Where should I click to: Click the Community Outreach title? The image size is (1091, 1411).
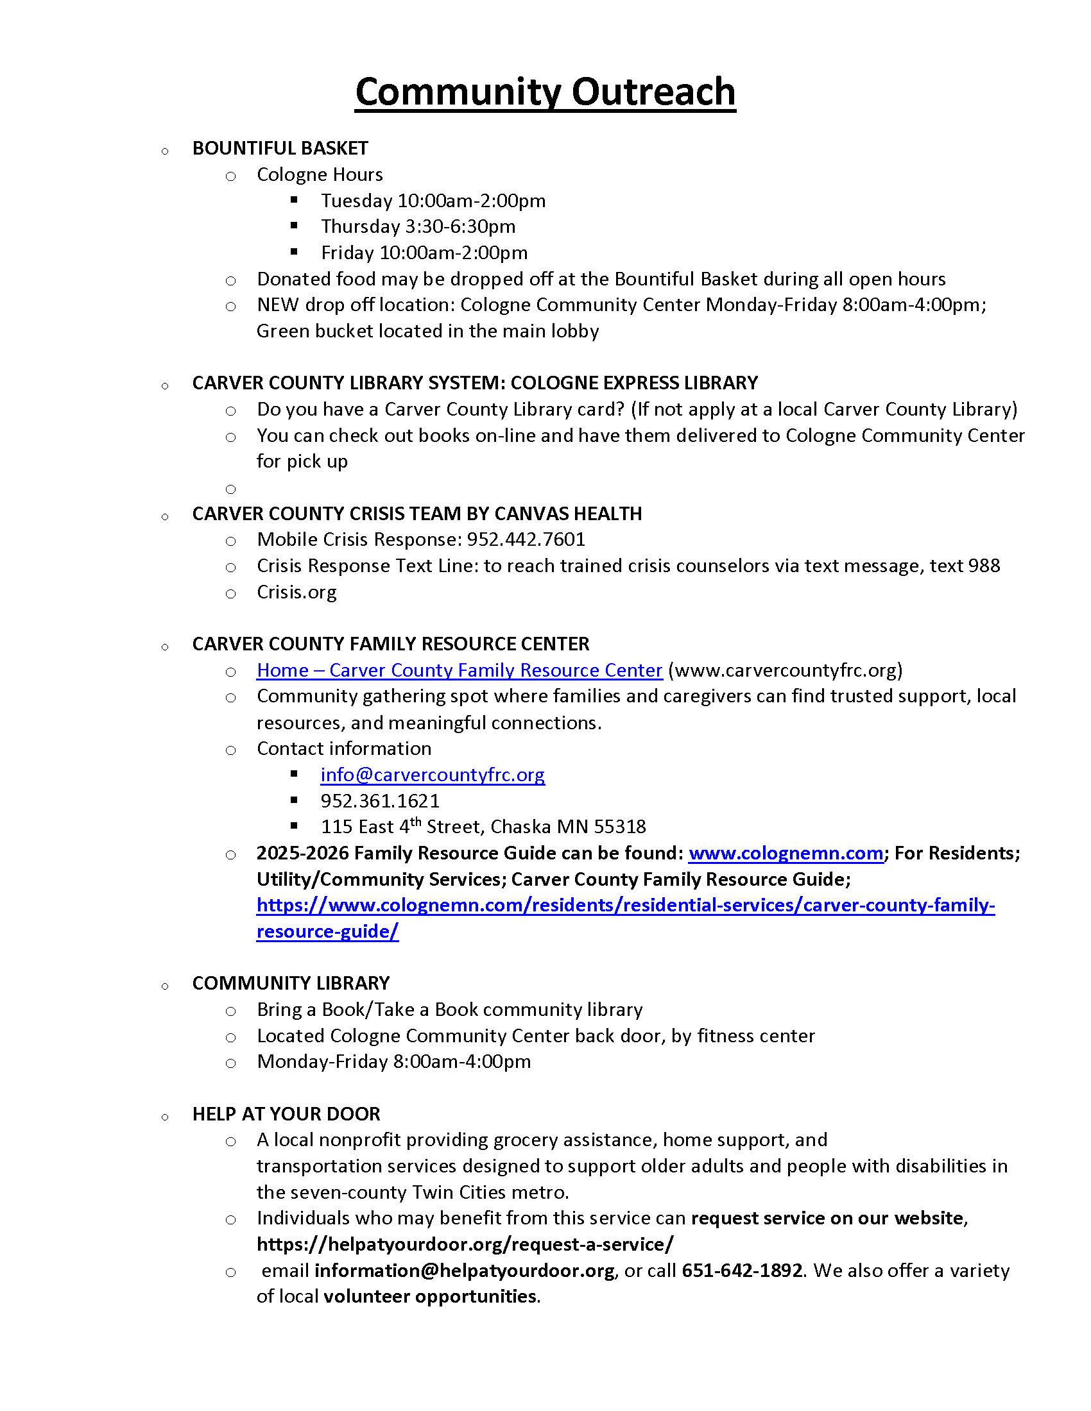pyautogui.click(x=545, y=92)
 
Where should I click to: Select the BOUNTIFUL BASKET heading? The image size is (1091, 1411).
pyautogui.click(x=280, y=148)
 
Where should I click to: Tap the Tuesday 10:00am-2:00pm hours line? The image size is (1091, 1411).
pyautogui.click(x=433, y=201)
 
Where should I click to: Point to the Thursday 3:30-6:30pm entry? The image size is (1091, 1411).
pyautogui.click(x=418, y=227)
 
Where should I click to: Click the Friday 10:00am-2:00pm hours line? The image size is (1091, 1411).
pyautogui.click(x=424, y=253)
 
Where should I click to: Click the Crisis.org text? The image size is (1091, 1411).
pyautogui.click(x=296, y=592)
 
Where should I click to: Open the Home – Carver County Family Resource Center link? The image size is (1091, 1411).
pyautogui.click(x=459, y=671)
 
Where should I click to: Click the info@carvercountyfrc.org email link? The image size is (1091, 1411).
pyautogui.click(x=433, y=775)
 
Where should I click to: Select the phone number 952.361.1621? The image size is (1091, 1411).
pyautogui.click(x=380, y=801)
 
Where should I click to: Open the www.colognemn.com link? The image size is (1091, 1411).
pyautogui.click(x=786, y=854)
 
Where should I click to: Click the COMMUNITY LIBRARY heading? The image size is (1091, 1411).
pyautogui.click(x=291, y=983)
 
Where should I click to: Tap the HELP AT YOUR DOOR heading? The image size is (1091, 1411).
pyautogui.click(x=286, y=1114)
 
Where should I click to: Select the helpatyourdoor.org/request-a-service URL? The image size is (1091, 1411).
pyautogui.click(x=465, y=1244)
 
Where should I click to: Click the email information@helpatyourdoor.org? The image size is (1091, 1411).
pyautogui.click(x=464, y=1271)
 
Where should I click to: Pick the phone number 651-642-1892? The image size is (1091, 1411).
pyautogui.click(x=742, y=1271)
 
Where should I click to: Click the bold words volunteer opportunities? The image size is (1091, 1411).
pyautogui.click(x=430, y=1297)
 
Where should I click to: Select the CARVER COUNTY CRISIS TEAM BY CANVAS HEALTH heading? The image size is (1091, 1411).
pyautogui.click(x=417, y=514)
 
